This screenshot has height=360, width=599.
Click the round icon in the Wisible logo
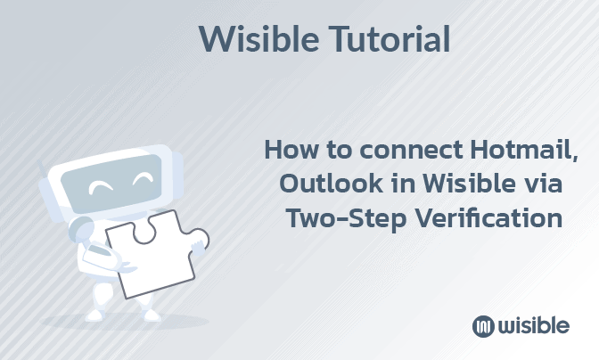(x=483, y=325)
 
